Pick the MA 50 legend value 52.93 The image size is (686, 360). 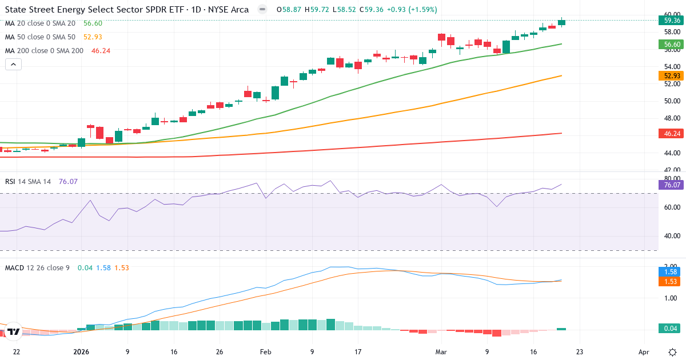point(93,37)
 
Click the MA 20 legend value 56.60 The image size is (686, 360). point(93,23)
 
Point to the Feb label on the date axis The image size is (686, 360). point(265,352)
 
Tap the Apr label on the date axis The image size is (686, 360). point(644,352)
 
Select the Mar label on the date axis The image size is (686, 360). point(440,352)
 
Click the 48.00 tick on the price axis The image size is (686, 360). point(672,118)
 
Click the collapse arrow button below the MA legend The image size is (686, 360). point(13,64)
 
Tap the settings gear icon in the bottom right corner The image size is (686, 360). point(672,352)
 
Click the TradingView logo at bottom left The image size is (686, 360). point(14,331)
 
